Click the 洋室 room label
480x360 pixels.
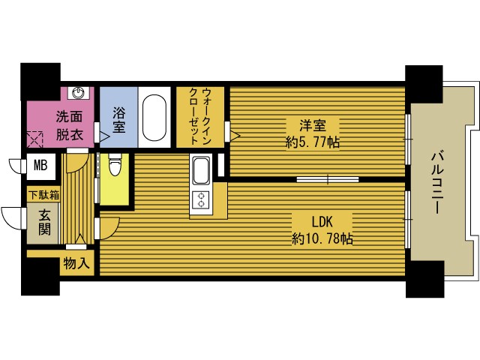(x=312, y=125)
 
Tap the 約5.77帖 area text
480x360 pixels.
(x=312, y=141)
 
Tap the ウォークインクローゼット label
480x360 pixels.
(x=193, y=116)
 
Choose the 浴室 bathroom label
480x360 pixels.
(x=118, y=121)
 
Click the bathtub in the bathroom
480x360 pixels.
(x=156, y=118)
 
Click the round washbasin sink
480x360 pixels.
(x=79, y=93)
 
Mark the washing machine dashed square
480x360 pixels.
(x=35, y=139)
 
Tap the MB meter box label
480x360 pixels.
(x=39, y=165)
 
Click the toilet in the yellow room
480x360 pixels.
(x=114, y=166)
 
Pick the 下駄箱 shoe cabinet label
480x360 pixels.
(x=43, y=195)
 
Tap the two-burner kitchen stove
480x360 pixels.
(x=202, y=200)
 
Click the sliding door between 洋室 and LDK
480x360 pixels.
(x=328, y=179)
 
